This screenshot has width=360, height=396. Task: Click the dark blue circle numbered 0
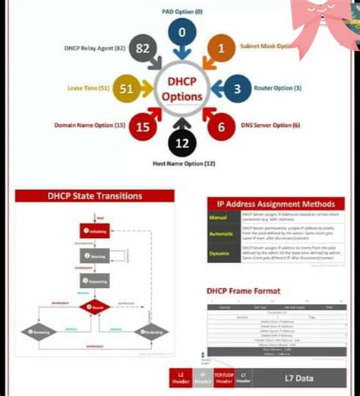[182, 33]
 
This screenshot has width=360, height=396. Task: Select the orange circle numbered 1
[221, 48]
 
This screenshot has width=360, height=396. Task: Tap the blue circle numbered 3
[237, 89]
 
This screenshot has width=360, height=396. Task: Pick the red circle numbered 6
[221, 128]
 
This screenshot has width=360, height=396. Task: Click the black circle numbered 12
[182, 143]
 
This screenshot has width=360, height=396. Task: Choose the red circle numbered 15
[143, 127]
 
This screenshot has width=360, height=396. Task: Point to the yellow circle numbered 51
[127, 89]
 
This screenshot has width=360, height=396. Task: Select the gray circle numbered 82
[143, 49]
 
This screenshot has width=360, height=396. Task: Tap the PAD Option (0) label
[183, 11]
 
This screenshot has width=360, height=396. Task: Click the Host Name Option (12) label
[184, 163]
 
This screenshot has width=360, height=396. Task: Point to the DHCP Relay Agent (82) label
[95, 48]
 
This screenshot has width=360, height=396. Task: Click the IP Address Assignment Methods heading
[276, 204]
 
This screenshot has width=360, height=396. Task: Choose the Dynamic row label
[219, 253]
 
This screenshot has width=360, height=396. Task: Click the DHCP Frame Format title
[243, 291]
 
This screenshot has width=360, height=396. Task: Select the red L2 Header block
[179, 378]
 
